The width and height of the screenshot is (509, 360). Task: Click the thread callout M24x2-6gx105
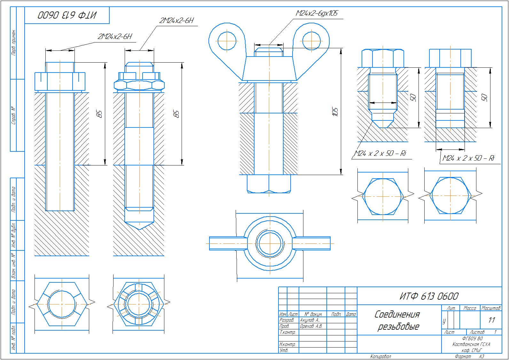click(x=317, y=13)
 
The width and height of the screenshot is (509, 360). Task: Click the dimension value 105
click(x=335, y=111)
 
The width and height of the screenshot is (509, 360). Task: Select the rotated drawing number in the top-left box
click(x=67, y=15)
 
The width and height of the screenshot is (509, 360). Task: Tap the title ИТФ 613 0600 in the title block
click(x=429, y=296)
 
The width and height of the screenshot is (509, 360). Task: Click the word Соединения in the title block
click(x=397, y=314)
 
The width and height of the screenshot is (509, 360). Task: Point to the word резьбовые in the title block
click(x=398, y=326)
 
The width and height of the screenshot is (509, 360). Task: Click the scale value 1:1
click(x=491, y=320)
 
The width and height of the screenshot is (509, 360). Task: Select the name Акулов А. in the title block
click(x=309, y=320)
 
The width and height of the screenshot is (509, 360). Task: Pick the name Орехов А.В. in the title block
click(x=311, y=326)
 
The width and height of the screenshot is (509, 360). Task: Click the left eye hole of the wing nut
click(x=227, y=41)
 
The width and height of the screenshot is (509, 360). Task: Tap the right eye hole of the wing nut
click(x=311, y=41)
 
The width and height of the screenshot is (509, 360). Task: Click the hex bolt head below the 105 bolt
click(x=269, y=184)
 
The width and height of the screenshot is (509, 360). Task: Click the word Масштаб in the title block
click(x=491, y=308)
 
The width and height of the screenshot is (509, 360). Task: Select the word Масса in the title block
click(x=470, y=308)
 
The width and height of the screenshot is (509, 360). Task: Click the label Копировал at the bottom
click(x=380, y=356)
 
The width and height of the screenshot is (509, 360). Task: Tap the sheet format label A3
click(x=482, y=356)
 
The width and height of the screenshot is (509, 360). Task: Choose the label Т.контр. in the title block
click(x=287, y=333)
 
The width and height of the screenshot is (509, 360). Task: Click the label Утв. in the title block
click(x=284, y=350)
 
